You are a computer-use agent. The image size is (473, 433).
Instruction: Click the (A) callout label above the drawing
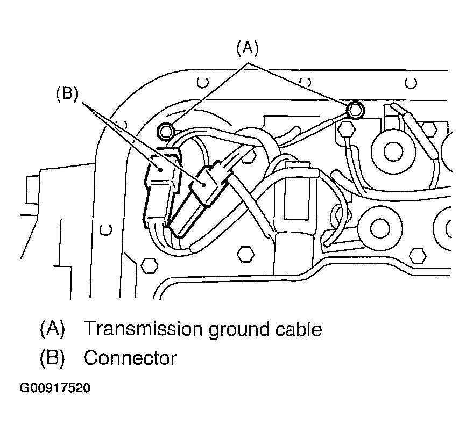point(248,49)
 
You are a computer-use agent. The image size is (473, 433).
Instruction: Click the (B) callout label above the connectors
point(67,94)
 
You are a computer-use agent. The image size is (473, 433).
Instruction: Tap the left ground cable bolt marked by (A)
point(166,129)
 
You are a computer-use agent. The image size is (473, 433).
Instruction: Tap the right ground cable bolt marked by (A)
point(355,111)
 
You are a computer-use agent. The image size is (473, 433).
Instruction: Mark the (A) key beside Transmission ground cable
point(52,328)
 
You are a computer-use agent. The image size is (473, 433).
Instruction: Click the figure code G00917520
point(55,388)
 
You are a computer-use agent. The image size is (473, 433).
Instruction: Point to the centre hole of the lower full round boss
point(379,227)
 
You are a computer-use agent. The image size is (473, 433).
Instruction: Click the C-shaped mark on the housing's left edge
point(106,229)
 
